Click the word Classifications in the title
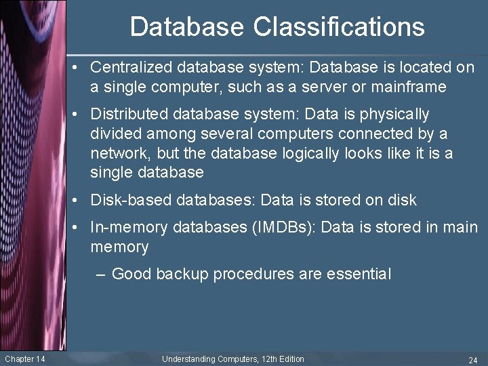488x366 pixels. (339, 27)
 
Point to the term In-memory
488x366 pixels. (129, 227)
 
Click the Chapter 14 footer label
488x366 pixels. (25, 359)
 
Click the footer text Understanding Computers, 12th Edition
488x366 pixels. (233, 359)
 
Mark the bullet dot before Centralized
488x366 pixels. (80, 68)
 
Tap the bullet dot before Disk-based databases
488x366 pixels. (80, 201)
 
